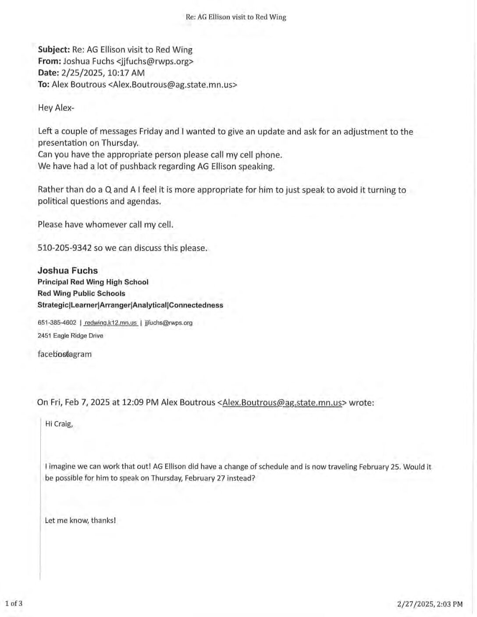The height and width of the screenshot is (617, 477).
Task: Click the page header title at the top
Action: coord(236,17)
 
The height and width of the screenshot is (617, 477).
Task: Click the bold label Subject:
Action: coord(54,50)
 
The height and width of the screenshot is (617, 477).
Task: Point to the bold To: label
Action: coord(43,85)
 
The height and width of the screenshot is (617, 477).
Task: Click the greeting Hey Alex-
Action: coord(56,108)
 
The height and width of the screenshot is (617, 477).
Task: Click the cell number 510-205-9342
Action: coord(64,248)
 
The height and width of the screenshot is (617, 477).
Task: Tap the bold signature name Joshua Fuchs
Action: coord(68,270)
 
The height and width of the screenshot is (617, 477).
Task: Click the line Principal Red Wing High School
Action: coord(93,282)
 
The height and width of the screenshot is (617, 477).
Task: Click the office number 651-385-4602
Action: coord(57,323)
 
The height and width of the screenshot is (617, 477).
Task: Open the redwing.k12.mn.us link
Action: coord(110,323)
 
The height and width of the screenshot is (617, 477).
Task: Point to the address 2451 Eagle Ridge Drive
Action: coord(71,336)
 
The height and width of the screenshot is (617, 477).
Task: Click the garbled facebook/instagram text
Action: coord(64,354)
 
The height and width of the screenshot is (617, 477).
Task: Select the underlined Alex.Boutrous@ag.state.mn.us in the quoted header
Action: coord(282,402)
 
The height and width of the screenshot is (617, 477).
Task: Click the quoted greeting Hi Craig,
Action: coord(59,424)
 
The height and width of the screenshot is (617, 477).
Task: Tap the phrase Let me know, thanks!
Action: coord(80,521)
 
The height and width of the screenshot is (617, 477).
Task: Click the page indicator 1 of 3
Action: coord(14,603)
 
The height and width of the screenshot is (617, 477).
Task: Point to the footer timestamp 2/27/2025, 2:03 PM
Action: coord(430,604)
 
